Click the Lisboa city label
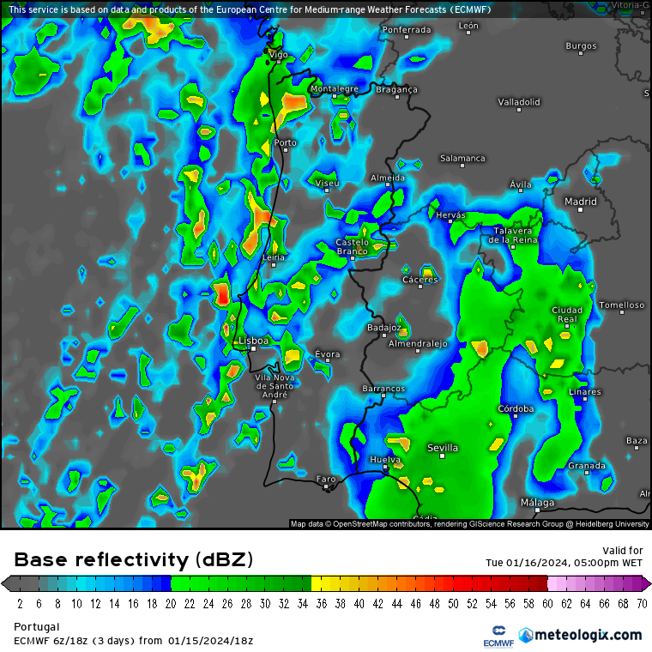click(253, 341)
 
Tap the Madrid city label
click(580, 202)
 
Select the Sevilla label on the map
click(443, 448)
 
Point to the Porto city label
click(285, 143)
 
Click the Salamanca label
click(462, 159)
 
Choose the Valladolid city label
click(519, 102)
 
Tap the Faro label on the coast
click(326, 479)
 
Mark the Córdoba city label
click(516, 409)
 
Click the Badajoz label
click(383, 328)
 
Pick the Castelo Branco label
click(352, 247)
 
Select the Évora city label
click(327, 354)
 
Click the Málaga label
click(537, 503)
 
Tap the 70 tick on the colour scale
click(642, 603)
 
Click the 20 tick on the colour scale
click(171, 603)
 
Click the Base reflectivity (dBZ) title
click(134, 560)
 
